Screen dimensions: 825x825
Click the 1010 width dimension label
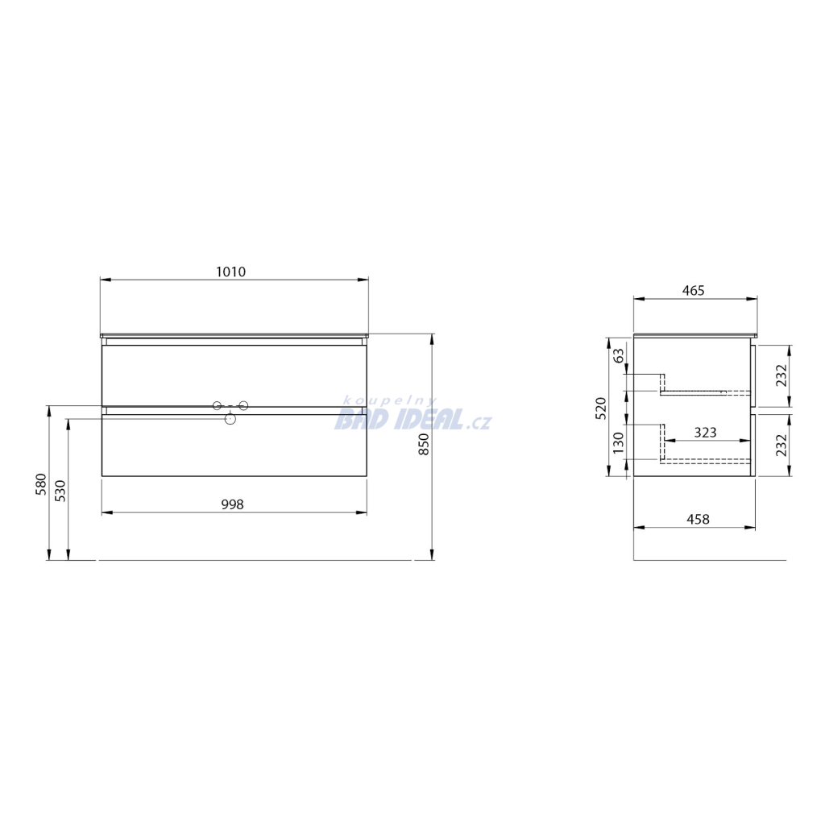(x=231, y=272)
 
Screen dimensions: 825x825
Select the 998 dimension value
(x=232, y=504)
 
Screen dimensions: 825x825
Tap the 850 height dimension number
(x=424, y=444)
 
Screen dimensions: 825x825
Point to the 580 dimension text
(x=41, y=484)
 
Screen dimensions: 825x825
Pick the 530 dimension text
(x=60, y=491)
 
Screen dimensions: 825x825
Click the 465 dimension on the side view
(x=693, y=290)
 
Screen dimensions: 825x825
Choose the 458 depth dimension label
(x=699, y=520)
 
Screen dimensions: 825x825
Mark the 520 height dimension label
(x=601, y=408)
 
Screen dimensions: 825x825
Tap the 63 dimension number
(x=620, y=355)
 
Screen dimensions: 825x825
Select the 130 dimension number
(x=619, y=442)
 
